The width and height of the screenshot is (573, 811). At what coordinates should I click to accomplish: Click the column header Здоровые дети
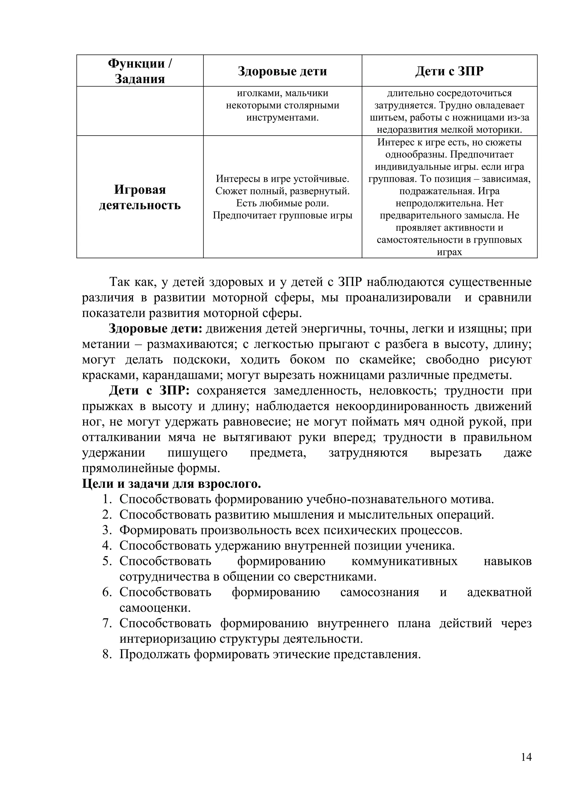[x=282, y=71]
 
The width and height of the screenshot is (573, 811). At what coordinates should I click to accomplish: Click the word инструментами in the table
[x=282, y=118]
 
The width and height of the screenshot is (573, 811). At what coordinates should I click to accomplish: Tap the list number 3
[x=107, y=530]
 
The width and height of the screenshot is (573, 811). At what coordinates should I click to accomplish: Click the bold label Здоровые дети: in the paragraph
[x=155, y=328]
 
